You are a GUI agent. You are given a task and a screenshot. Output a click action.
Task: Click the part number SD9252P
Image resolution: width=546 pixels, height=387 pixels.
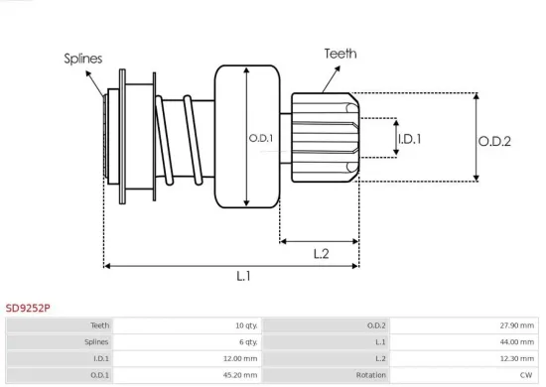(x=28, y=309)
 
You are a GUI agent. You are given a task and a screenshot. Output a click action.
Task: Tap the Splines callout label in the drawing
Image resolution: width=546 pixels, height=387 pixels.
(x=83, y=59)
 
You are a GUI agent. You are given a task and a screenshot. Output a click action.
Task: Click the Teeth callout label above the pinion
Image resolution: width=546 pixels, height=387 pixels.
(x=340, y=54)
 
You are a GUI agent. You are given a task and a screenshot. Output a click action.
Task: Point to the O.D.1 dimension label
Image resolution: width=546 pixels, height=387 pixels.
(x=261, y=138)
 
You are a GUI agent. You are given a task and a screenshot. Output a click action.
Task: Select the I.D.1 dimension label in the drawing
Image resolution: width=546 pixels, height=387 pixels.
(x=408, y=139)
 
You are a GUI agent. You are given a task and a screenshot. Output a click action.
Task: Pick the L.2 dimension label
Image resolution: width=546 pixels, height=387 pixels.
(x=321, y=253)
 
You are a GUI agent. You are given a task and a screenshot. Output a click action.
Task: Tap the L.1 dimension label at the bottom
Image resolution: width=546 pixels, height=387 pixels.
(x=242, y=277)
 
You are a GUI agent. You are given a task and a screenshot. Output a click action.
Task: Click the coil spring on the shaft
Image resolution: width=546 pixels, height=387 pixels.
(x=183, y=139)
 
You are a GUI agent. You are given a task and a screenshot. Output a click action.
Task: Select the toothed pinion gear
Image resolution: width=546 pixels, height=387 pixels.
(x=324, y=138)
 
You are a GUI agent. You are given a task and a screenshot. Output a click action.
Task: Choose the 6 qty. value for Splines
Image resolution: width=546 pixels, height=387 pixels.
(x=245, y=341)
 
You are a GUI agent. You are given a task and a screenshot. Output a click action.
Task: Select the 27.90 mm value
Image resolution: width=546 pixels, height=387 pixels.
(x=515, y=324)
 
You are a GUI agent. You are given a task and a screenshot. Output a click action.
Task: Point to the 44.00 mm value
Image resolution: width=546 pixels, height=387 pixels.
(x=515, y=341)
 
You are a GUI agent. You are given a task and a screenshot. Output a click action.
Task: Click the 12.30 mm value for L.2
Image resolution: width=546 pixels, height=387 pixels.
(x=515, y=358)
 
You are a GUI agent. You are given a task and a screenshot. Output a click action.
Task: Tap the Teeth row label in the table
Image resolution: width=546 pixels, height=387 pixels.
(x=100, y=324)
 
